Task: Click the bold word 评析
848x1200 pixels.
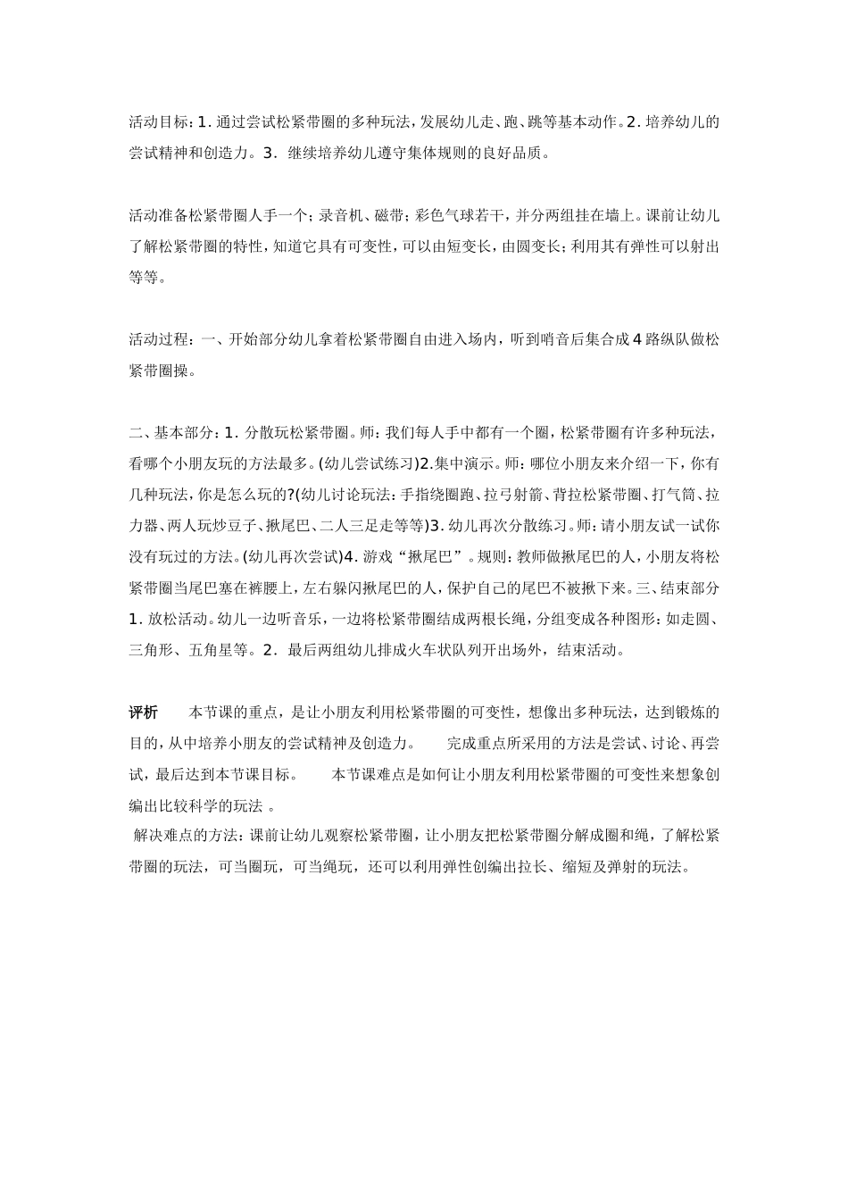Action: point(144,712)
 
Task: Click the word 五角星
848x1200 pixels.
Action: point(212,650)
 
